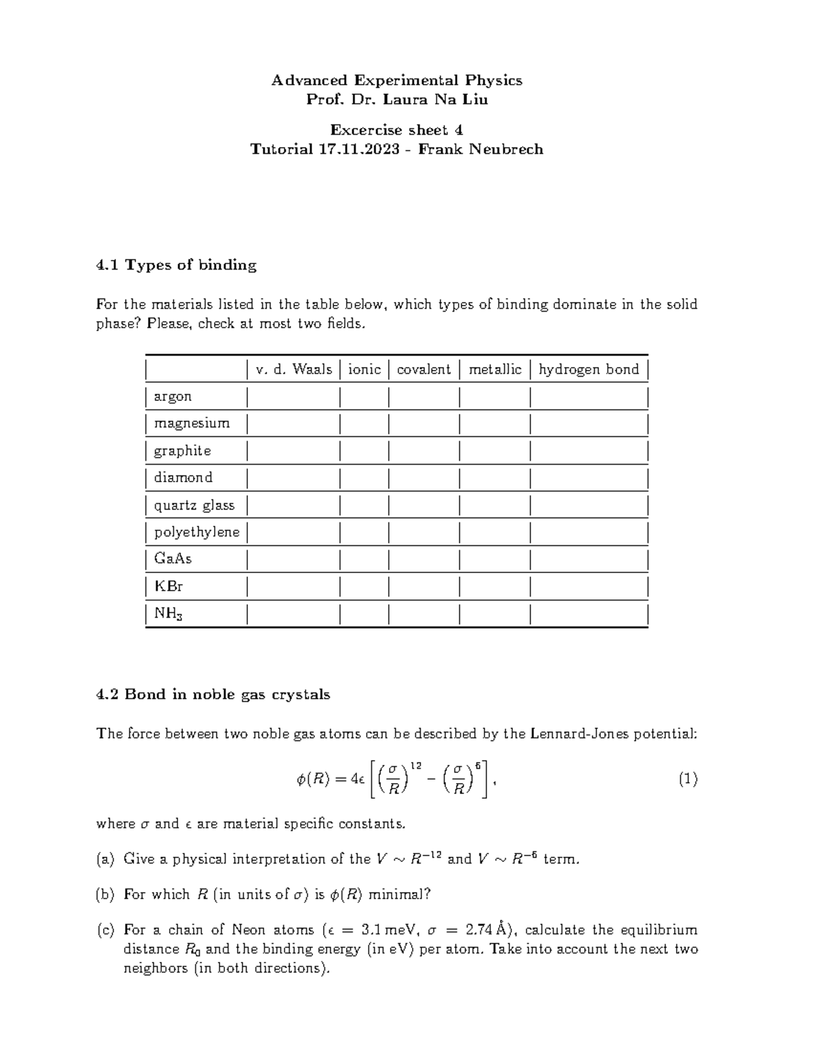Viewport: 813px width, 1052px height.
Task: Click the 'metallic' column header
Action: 495,369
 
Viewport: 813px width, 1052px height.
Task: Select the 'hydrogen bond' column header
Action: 589,369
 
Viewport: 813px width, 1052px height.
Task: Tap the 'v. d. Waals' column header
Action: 294,369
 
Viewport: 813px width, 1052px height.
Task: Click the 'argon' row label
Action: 173,396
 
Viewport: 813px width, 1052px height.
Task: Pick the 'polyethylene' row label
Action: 196,532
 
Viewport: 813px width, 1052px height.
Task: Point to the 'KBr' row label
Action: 168,586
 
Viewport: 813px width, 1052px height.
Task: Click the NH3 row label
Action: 169,614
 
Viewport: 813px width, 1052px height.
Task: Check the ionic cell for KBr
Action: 364,586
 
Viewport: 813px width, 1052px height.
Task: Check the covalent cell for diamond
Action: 424,478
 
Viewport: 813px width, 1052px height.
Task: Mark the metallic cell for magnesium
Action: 495,423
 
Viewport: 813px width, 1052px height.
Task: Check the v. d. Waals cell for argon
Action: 294,396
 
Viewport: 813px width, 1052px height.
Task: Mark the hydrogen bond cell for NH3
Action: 589,614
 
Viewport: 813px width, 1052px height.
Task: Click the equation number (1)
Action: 688,780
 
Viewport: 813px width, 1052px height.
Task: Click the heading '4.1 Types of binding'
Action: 177,265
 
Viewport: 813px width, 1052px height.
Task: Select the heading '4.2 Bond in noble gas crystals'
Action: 213,694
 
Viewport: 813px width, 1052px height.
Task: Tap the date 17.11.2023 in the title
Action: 359,149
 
